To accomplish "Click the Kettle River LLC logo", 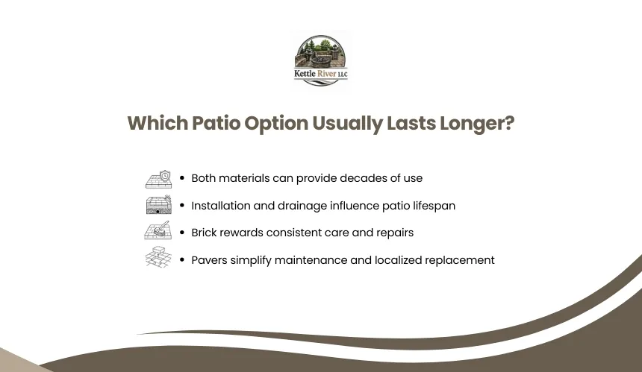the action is pyautogui.click(x=320, y=60).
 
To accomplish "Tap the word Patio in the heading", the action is pyautogui.click(x=216, y=123).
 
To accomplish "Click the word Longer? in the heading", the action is pyautogui.click(x=478, y=124).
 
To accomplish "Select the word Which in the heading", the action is pyautogui.click(x=158, y=123).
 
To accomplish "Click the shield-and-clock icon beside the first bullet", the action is pyautogui.click(x=158, y=179).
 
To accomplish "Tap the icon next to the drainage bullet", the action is pyautogui.click(x=158, y=205).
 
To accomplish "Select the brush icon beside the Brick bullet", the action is pyautogui.click(x=158, y=230).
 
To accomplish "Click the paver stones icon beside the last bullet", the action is pyautogui.click(x=158, y=257).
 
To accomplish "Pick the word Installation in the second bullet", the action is pyautogui.click(x=221, y=205).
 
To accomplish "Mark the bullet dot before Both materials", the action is pyautogui.click(x=182, y=178).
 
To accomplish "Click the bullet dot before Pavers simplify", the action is pyautogui.click(x=182, y=260).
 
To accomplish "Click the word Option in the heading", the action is pyautogui.click(x=276, y=124).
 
